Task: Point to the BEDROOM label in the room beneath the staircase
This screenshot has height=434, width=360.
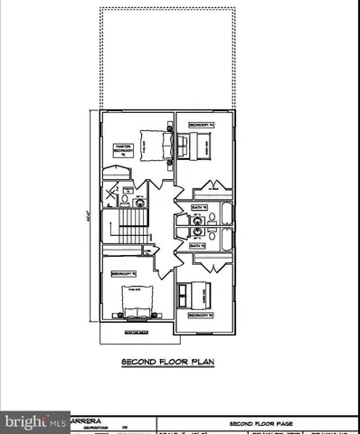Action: [123, 272]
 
